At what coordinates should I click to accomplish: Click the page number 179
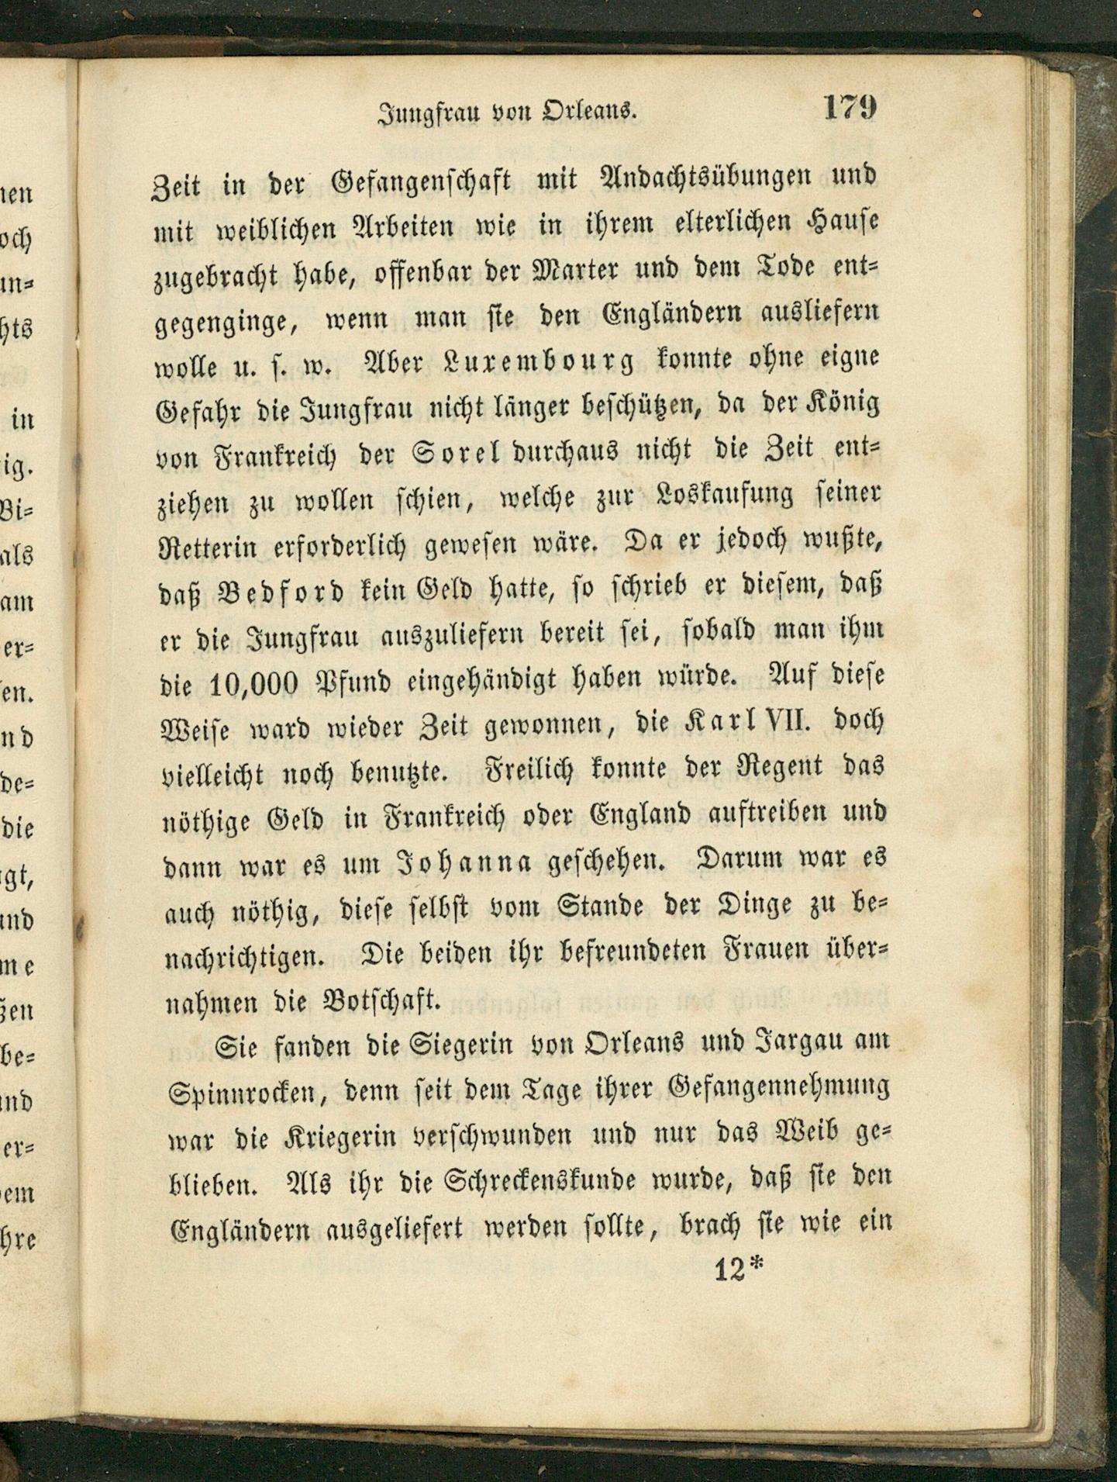click(x=850, y=106)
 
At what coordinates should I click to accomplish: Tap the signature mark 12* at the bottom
click(x=738, y=1270)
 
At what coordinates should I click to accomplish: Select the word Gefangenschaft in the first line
click(x=422, y=182)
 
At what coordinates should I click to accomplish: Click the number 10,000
click(x=254, y=683)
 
